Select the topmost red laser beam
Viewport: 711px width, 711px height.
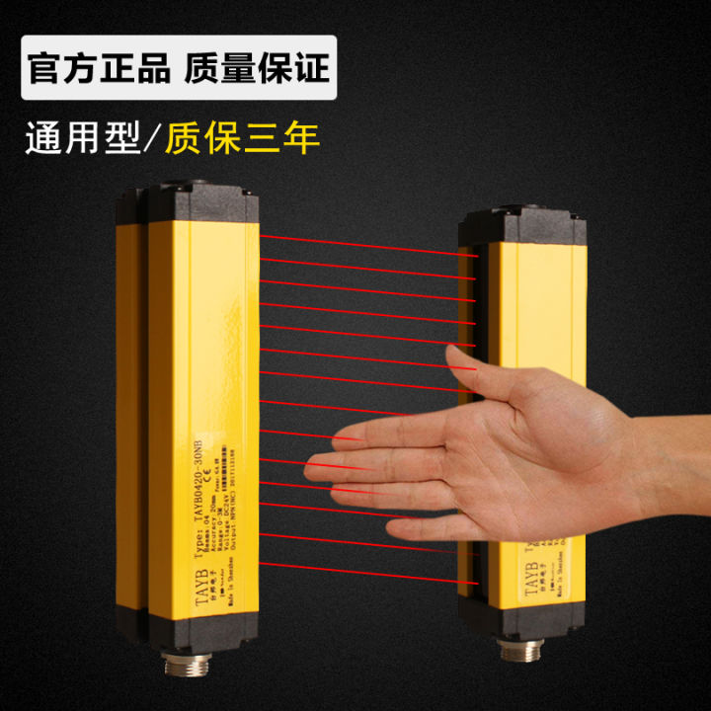pyautogui.click(x=365, y=244)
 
